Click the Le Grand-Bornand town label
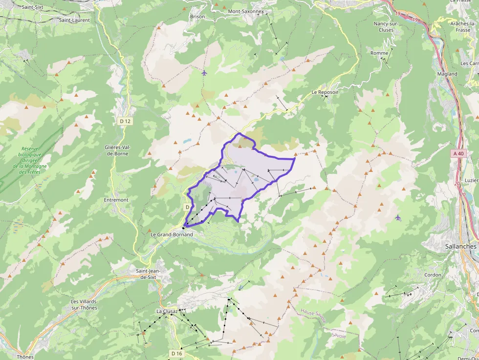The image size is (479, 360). point(172,234)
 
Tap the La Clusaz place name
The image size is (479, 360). point(166,311)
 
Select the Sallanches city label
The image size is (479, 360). point(460,247)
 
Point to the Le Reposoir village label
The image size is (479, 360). point(325,92)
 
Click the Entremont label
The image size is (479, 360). point(116,200)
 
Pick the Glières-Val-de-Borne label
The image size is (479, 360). point(117,150)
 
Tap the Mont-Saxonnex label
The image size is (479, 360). point(246,11)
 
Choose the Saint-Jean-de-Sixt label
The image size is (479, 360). point(148,274)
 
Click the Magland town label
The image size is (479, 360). point(447,74)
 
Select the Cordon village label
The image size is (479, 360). point(433,275)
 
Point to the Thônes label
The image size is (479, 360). point(25,357)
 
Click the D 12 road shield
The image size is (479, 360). point(126,121)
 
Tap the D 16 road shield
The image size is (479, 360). point(177,353)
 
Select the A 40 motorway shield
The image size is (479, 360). point(458,153)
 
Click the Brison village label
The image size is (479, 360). point(197,17)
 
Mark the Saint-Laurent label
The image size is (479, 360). point(74,20)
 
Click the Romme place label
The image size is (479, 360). point(379,53)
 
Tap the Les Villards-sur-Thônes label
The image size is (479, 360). point(84,304)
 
